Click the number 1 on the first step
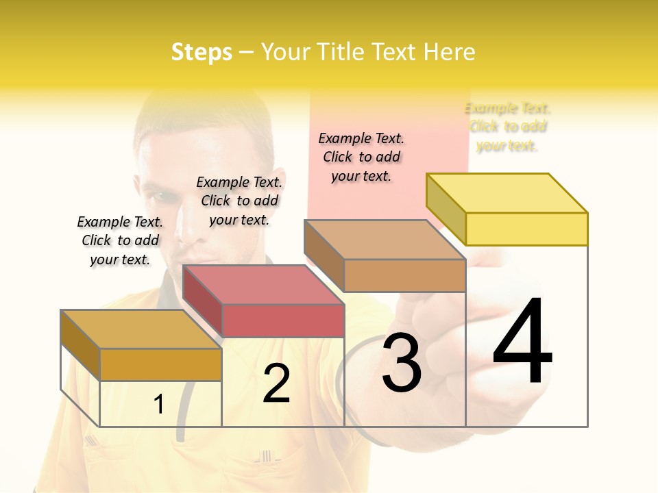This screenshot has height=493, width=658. click(159, 405)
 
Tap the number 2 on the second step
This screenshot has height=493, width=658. click(276, 383)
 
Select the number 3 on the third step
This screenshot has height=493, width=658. click(402, 364)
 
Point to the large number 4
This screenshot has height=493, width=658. click(522, 342)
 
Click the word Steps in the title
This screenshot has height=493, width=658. click(202, 52)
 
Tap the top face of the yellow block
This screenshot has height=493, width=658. click(507, 193)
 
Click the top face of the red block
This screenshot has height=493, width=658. click(263, 285)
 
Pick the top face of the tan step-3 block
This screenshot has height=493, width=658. click(385, 240)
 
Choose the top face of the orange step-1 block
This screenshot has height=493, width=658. click(141, 329)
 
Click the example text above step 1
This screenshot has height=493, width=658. click(120, 240)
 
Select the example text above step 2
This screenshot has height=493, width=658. click(239, 201)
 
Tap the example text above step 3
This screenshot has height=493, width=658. click(361, 157)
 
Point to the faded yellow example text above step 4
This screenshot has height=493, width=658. click(508, 127)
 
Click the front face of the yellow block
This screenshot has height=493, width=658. click(526, 229)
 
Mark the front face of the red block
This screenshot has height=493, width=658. click(283, 320)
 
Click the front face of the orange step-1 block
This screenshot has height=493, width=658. click(160, 364)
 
